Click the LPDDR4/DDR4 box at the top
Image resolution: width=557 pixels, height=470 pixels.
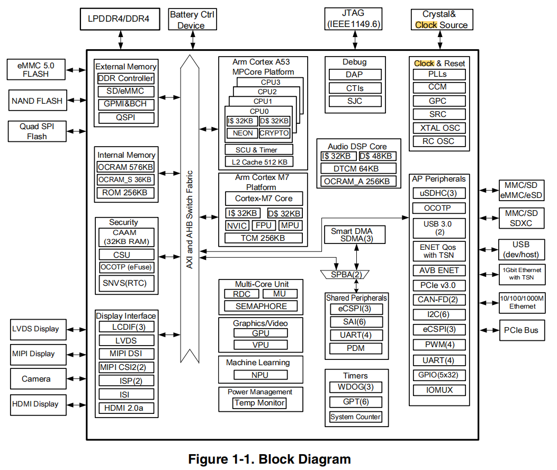pyautogui.click(x=119, y=20)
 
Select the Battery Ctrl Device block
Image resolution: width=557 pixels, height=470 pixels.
pyautogui.click(x=191, y=20)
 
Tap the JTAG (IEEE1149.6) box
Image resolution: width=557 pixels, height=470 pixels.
pyautogui.click(x=354, y=19)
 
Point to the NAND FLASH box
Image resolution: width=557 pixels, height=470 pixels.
pyautogui.click(x=37, y=101)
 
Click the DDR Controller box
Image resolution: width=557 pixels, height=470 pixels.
pyautogui.click(x=126, y=78)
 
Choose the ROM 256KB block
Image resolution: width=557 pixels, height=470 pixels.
pyautogui.click(x=126, y=193)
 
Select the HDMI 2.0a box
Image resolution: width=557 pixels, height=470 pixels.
pyautogui.click(x=126, y=408)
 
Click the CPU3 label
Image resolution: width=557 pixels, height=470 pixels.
pyautogui.click(x=271, y=82)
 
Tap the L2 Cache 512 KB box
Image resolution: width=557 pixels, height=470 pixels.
pyautogui.click(x=259, y=162)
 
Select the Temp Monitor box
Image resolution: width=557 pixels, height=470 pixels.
pyautogui.click(x=259, y=403)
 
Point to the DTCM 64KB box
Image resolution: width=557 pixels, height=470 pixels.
pyautogui.click(x=358, y=169)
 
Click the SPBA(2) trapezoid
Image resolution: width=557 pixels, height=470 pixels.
pyautogui.click(x=346, y=275)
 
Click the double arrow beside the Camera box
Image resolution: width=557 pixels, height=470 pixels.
pyautogui.click(x=77, y=379)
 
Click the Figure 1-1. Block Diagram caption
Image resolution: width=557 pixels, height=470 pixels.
pyautogui.click(x=269, y=459)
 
